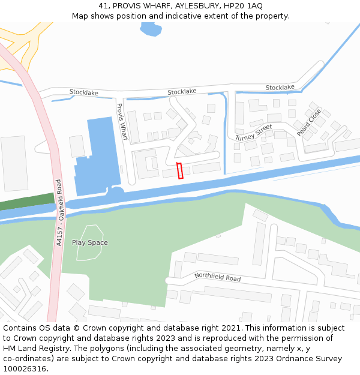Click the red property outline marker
tap(179, 170)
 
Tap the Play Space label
tap(90, 242)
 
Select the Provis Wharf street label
tap(122, 122)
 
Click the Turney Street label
tap(254, 133)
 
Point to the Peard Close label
tap(309, 122)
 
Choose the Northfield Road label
tap(217, 277)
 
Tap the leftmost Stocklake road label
tap(83, 92)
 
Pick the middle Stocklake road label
tap(182, 92)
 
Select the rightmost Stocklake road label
tap(280, 88)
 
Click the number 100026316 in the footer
tap(24, 368)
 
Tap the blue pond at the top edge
tap(150, 28)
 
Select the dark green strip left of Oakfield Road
tap(27, 201)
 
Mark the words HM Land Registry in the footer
tap(34, 348)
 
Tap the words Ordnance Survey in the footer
tap(313, 358)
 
